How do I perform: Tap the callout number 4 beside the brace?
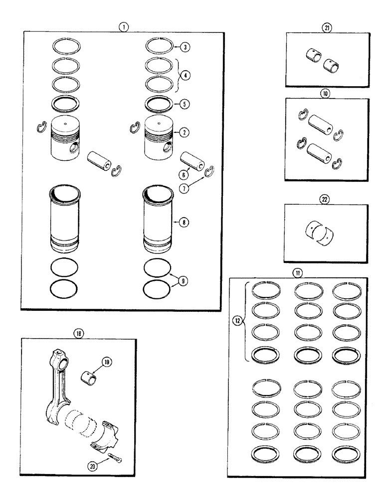[x=185, y=76]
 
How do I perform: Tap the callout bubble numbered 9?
[x=185, y=281]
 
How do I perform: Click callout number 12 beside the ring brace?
[x=237, y=321]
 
